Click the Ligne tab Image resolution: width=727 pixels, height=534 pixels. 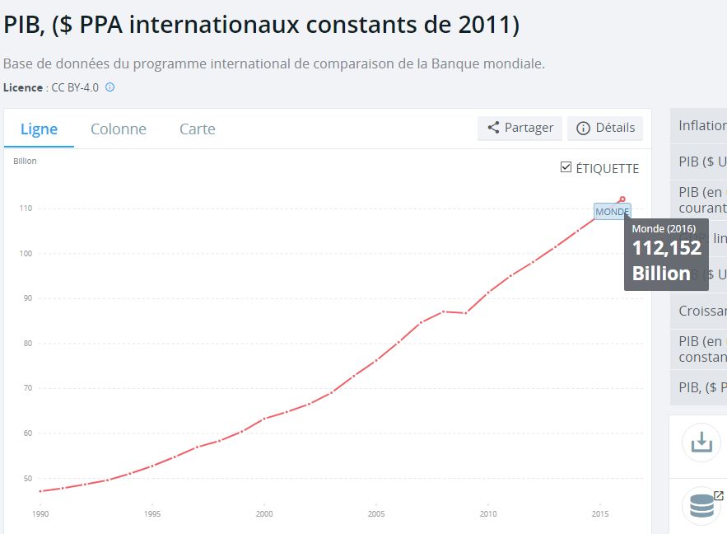tap(39, 129)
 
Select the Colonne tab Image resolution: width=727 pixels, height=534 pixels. tap(119, 129)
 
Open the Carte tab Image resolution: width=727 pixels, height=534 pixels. tap(198, 129)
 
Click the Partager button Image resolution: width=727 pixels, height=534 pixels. tap(520, 128)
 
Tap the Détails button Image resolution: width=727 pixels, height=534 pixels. tap(605, 128)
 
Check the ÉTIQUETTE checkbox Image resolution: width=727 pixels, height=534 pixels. tap(566, 167)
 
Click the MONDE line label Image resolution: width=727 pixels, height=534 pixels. tap(612, 212)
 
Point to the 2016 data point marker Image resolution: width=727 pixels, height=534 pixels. tap(622, 199)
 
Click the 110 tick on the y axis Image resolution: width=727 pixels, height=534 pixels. tap(26, 208)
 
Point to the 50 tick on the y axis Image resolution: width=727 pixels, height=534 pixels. tap(26, 479)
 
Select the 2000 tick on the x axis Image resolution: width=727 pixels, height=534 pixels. tap(263, 513)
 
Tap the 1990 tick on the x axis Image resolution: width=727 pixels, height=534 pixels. tap(40, 513)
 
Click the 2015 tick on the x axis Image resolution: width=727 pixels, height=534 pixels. tap(599, 513)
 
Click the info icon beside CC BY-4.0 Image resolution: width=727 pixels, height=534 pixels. tap(110, 87)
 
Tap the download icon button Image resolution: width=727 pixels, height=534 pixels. tap(701, 443)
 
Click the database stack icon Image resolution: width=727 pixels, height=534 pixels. tap(701, 504)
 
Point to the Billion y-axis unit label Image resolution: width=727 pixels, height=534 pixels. tap(25, 161)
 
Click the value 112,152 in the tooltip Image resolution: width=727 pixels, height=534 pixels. tap(666, 248)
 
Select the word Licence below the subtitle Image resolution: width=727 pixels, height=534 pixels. tap(23, 87)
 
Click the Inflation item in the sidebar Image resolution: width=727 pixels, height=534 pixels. tap(702, 126)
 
